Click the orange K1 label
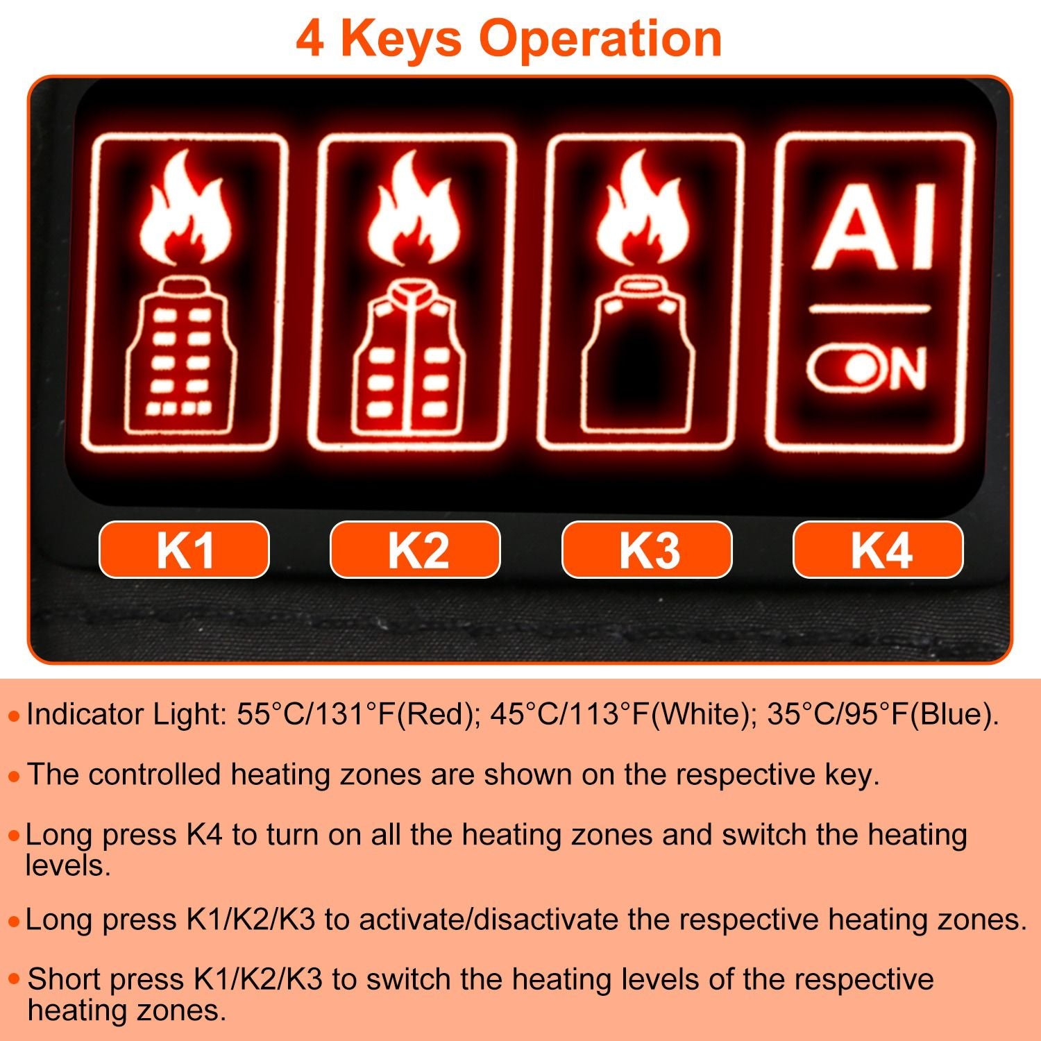coord(184,550)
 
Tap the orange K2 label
coord(415,550)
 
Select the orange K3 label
coord(647,550)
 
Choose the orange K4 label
coord(878,550)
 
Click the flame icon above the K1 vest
coord(185,208)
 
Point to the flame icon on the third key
coord(643,208)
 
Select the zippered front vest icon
coord(409,357)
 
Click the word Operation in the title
coord(600,39)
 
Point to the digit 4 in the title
coord(310,39)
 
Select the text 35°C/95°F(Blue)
coord(883,714)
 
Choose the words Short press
coord(105,979)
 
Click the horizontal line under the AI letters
coord(869,309)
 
